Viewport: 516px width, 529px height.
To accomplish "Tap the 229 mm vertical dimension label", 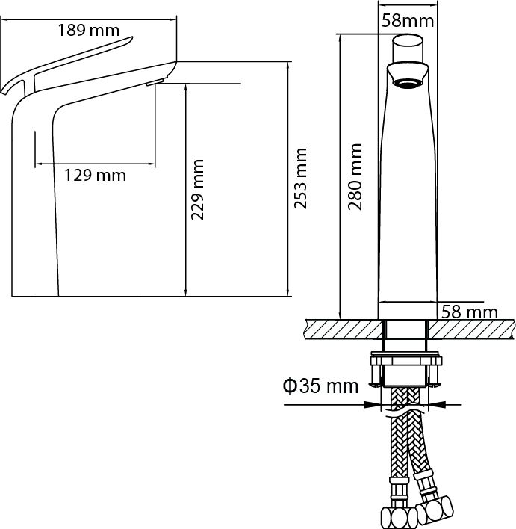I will click(x=198, y=190).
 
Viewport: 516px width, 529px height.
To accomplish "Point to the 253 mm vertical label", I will click(x=300, y=179).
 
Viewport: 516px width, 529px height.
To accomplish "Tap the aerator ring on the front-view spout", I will click(x=406, y=81).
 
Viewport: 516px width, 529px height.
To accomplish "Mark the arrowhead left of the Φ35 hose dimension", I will click(x=374, y=406).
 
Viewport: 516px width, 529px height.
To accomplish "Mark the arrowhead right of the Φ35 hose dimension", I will click(x=436, y=406).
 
